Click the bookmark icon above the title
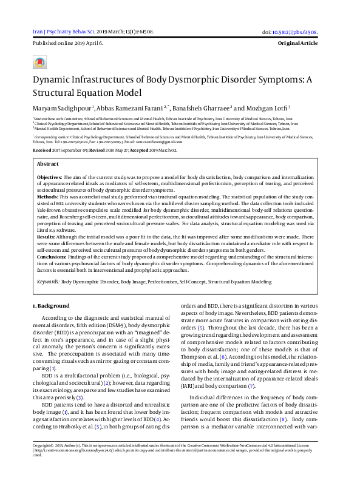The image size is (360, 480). click(40, 63)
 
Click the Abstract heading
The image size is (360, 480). click(48, 164)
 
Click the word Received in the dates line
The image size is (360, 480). click(42, 149)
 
